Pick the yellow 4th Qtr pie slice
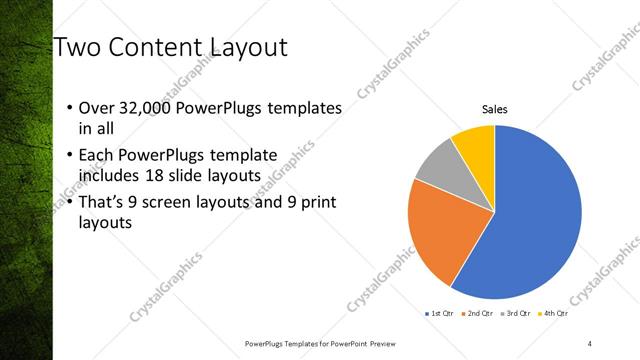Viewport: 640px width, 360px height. point(474,145)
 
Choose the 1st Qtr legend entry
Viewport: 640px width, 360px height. point(440,314)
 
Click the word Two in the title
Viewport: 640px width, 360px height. point(77,47)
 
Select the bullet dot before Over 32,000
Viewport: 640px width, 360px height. point(68,108)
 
